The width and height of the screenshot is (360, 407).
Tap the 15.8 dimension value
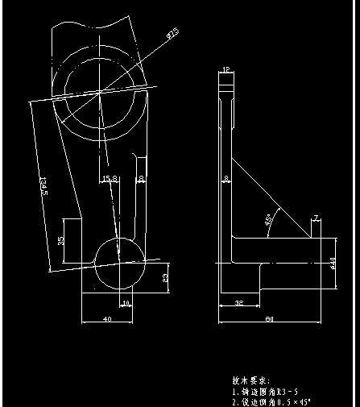point(110,179)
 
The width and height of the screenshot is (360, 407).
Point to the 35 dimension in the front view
point(61,241)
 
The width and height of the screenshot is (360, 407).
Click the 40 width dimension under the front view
point(106,320)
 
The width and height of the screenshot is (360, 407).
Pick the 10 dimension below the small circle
point(125,304)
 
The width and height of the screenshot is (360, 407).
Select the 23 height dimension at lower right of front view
point(165,278)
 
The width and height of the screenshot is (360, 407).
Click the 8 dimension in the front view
point(141,179)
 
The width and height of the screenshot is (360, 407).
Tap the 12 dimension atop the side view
point(226,71)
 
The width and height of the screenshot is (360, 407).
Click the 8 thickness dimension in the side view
point(226,179)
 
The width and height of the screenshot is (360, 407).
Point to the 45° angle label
point(268,218)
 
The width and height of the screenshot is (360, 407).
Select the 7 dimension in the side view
point(316,218)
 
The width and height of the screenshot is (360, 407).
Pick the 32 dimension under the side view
point(239,304)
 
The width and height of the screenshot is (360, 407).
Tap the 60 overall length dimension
point(270,320)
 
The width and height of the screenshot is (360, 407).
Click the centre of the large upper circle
point(98,91)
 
